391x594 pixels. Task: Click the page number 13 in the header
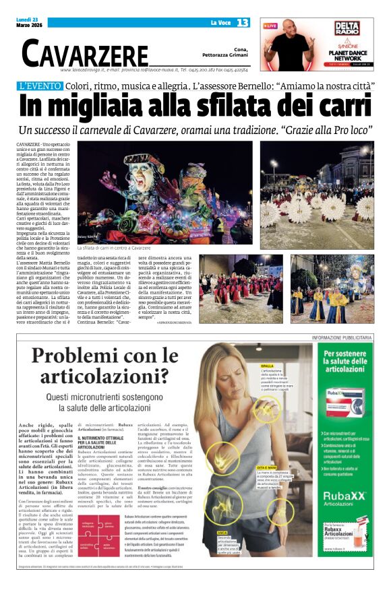[x=243, y=23]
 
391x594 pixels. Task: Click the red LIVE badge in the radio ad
[x=270, y=26]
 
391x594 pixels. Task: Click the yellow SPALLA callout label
[x=268, y=366]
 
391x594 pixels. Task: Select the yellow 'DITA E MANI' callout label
[x=268, y=467]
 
